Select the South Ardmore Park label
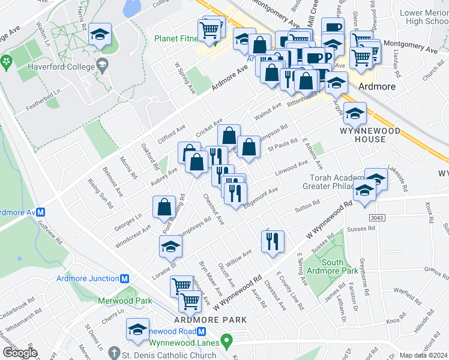[x=324, y=266]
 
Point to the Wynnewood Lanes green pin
[x=226, y=342]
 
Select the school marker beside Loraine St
[x=170, y=247]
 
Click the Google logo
[x=20, y=353]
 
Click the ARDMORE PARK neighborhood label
[x=210, y=320]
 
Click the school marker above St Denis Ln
[x=138, y=330]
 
